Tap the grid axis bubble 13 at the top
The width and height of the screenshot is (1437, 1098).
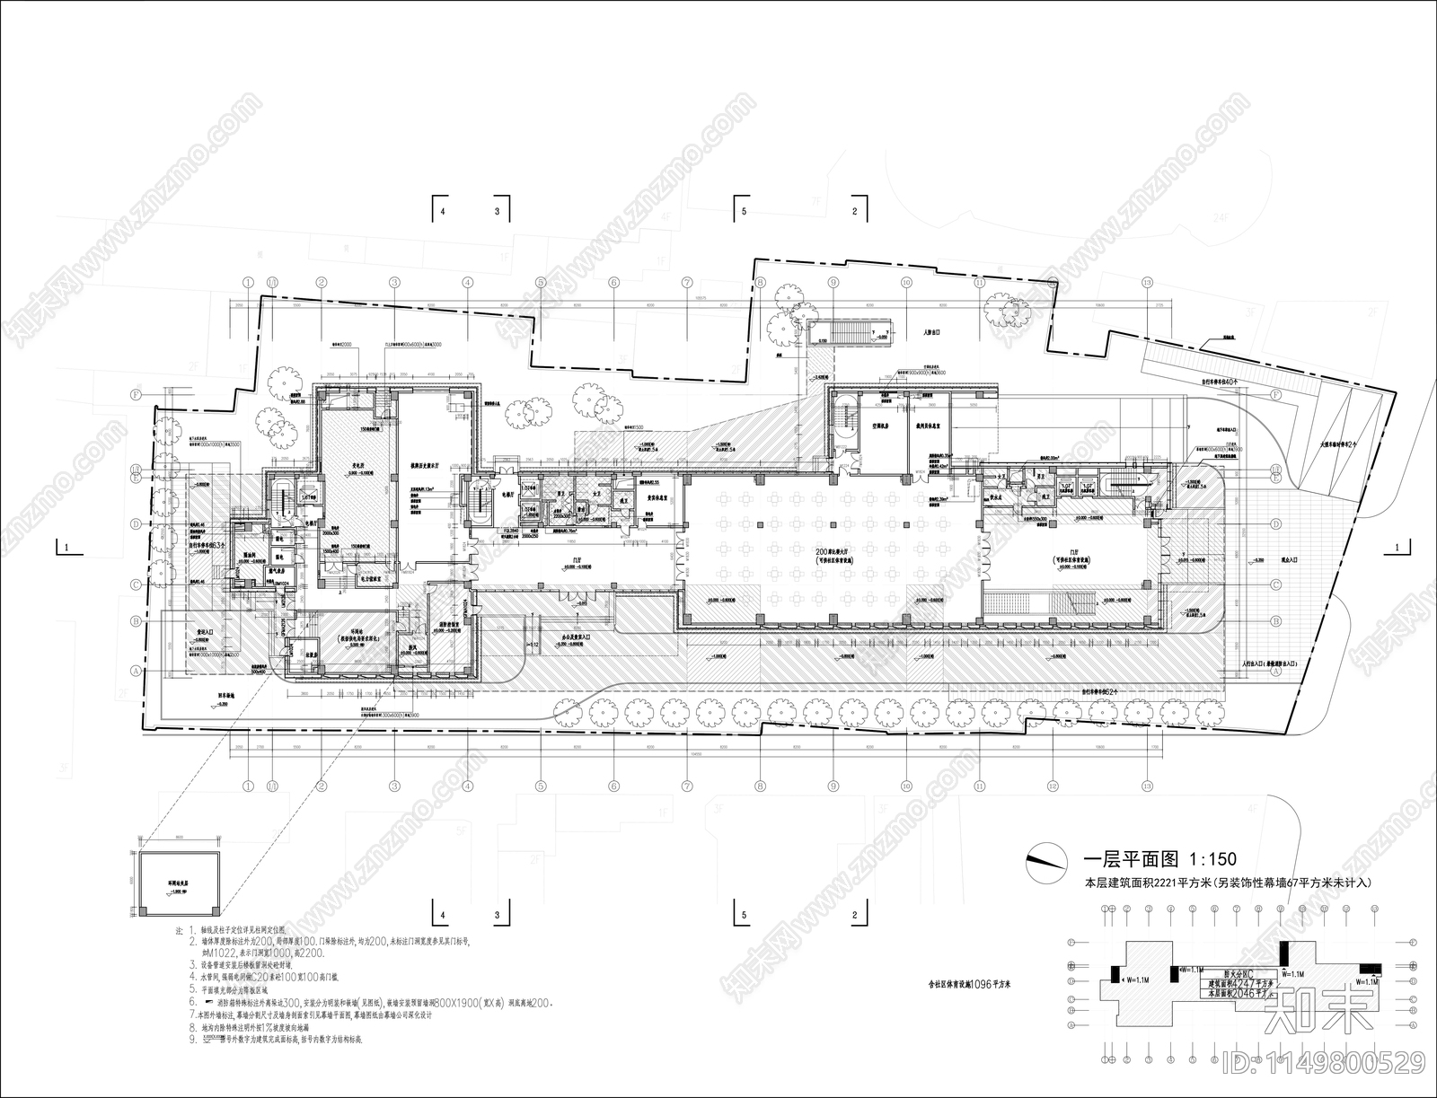point(1147,282)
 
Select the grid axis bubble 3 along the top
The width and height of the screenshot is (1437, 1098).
point(393,282)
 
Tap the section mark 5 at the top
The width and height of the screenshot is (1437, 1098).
point(743,213)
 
